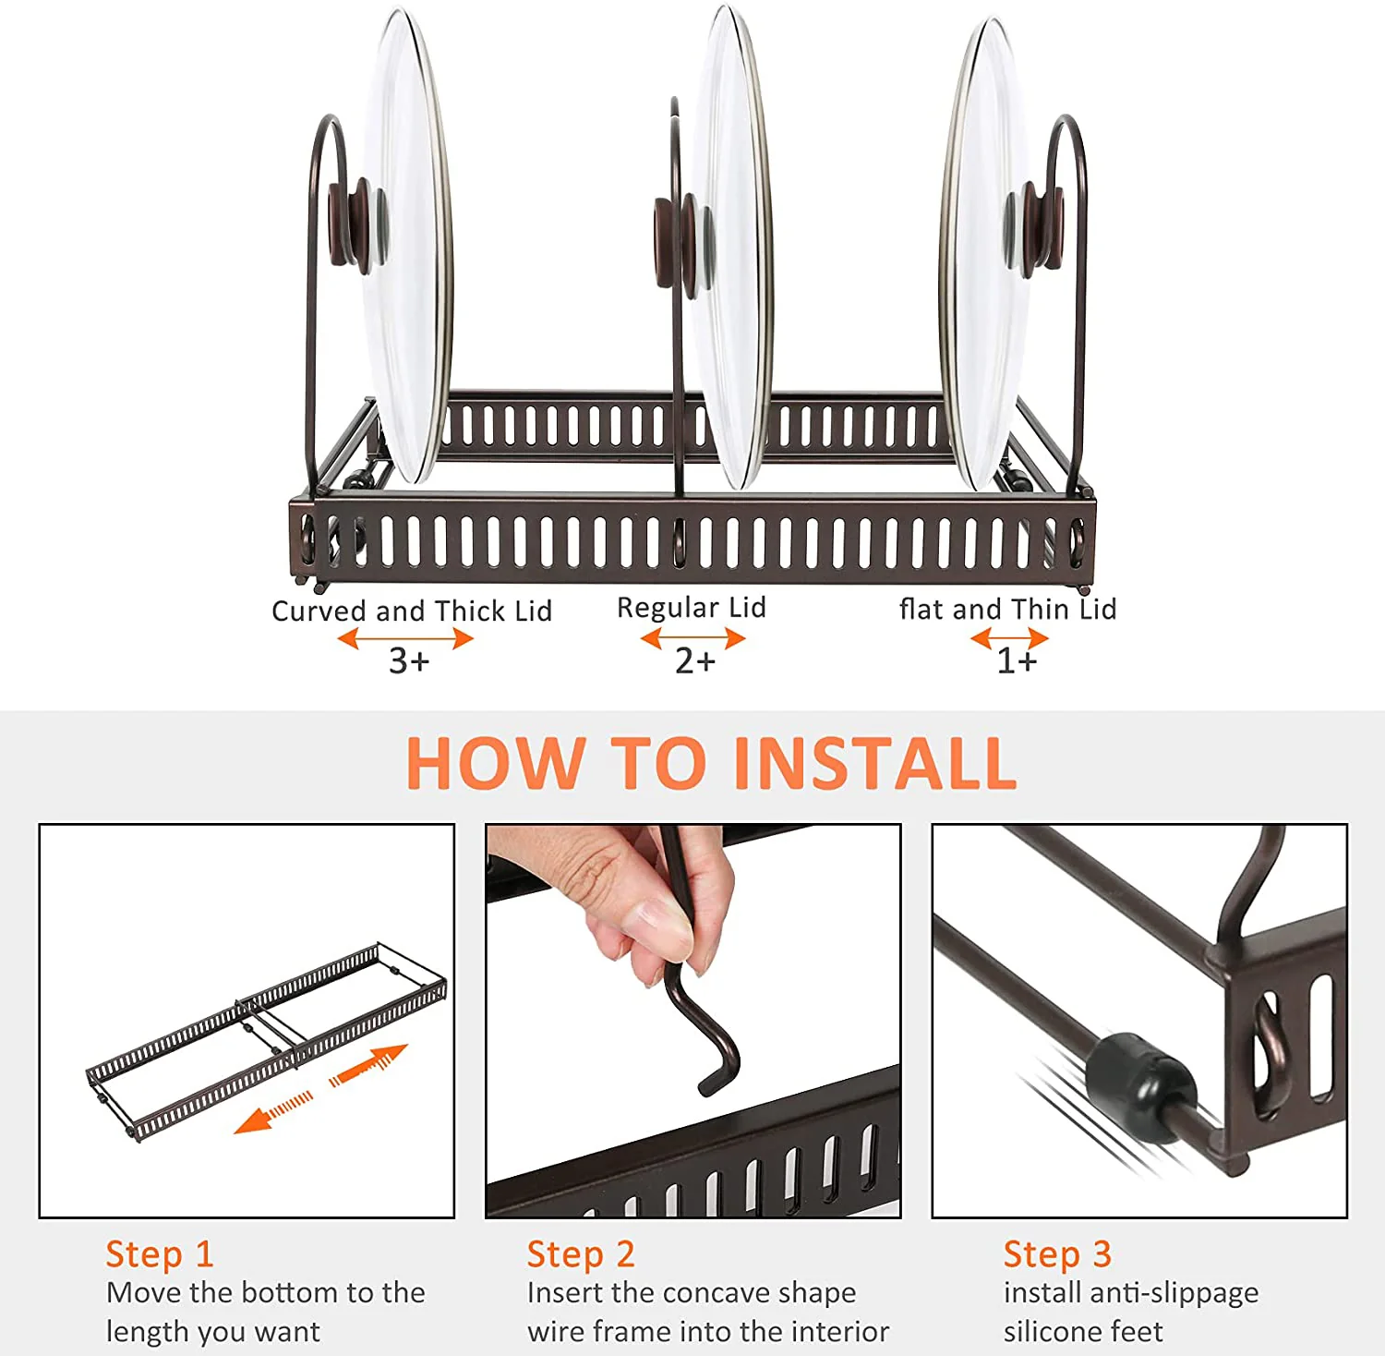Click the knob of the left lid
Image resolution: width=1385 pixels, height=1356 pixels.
350,221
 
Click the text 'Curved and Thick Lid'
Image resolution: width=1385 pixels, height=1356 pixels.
412,611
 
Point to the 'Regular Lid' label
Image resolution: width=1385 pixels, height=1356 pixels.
692,607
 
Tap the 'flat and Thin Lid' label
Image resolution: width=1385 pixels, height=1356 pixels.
1008,609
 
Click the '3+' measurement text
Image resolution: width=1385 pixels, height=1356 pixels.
409,660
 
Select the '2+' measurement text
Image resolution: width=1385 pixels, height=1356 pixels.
695,660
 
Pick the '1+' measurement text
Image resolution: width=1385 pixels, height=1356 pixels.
1017,660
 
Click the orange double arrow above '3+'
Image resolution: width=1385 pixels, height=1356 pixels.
405,638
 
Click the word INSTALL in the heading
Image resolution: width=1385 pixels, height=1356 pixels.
875,763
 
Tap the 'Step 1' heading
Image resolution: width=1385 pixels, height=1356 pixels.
160,1253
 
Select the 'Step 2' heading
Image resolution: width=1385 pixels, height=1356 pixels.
581,1253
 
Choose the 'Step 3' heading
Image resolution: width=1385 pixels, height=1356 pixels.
1057,1253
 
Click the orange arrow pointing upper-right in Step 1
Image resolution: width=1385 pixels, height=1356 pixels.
368,1064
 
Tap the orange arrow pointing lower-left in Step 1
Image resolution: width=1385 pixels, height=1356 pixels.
273,1112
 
